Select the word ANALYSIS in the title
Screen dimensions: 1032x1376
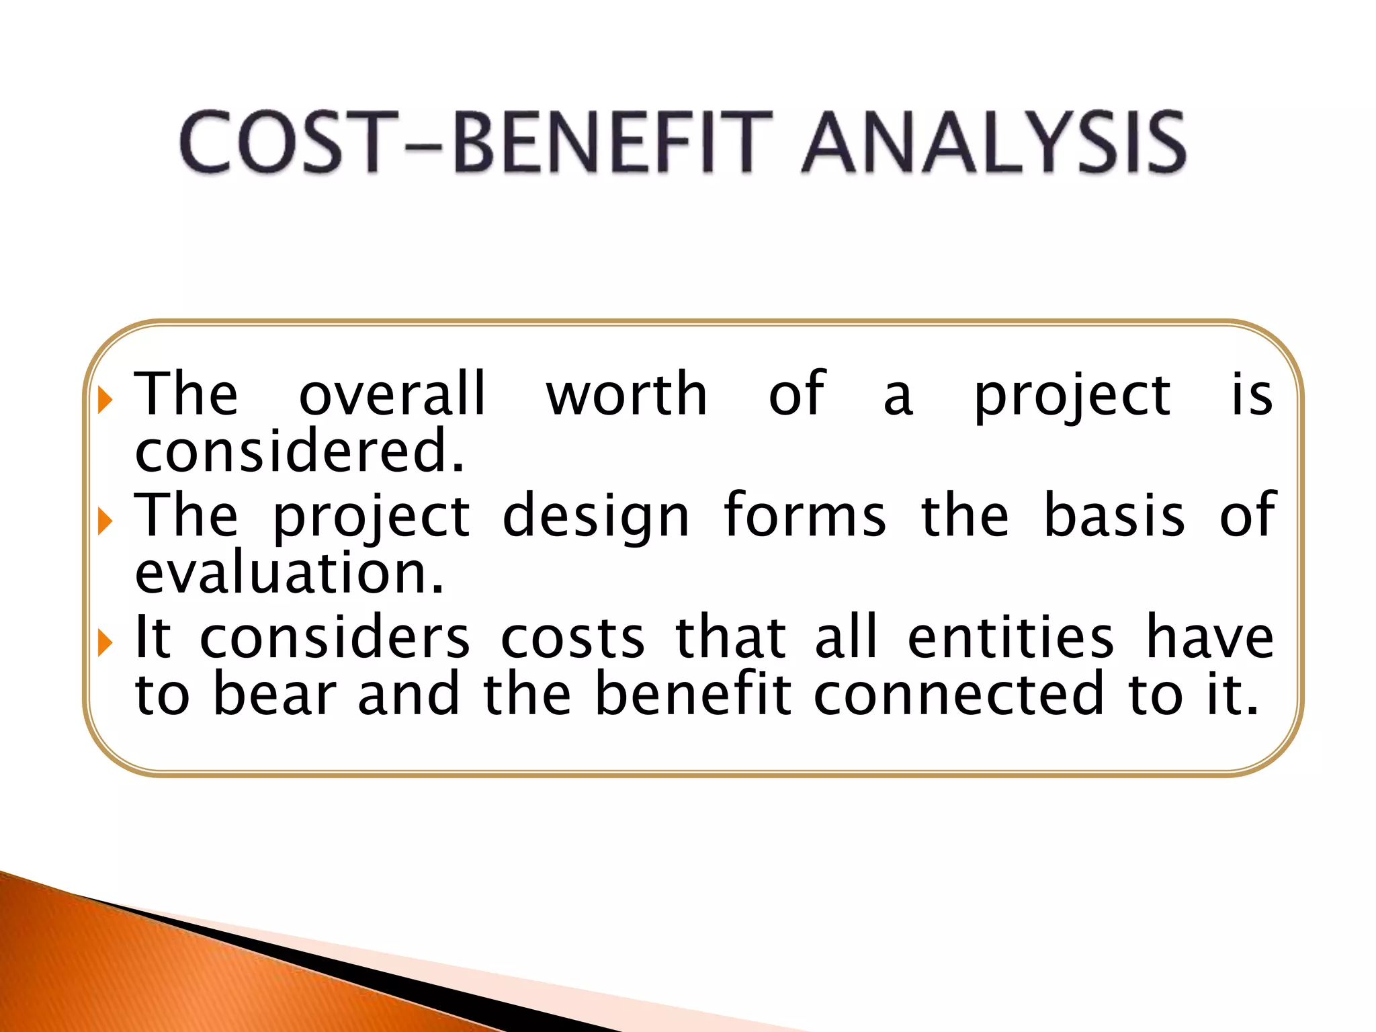click(x=994, y=143)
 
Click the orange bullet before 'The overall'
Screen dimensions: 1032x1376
click(x=104, y=400)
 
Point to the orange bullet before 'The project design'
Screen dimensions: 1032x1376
click(x=104, y=521)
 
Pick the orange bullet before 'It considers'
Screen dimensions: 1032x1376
click(x=104, y=644)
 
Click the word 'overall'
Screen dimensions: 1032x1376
click(x=392, y=395)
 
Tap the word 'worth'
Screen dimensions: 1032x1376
click(x=626, y=395)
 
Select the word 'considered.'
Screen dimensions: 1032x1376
click(x=300, y=451)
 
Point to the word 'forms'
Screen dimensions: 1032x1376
click(x=805, y=516)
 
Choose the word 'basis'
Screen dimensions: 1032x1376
click(x=1114, y=516)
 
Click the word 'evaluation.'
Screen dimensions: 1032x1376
click(x=290, y=573)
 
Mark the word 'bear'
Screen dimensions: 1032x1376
click(x=274, y=694)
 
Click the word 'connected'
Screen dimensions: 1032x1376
click(x=959, y=694)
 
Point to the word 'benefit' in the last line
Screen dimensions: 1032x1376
click(x=693, y=694)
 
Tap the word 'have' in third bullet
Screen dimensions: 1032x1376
click(x=1209, y=637)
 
